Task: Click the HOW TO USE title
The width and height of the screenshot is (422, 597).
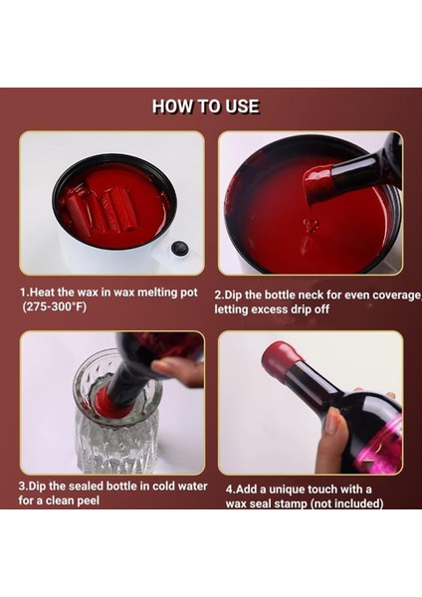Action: (x=206, y=106)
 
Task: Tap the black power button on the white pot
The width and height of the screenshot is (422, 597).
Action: (x=180, y=248)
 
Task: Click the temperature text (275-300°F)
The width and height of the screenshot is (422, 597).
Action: (x=55, y=306)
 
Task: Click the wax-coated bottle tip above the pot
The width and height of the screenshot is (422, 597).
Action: (x=318, y=181)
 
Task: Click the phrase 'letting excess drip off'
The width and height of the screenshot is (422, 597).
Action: (x=272, y=309)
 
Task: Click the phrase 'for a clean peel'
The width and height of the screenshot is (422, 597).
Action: (x=59, y=500)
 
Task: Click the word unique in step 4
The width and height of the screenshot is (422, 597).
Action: (x=288, y=490)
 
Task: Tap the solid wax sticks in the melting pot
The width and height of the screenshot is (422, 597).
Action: (x=100, y=208)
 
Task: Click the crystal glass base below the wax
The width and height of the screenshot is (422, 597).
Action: (x=116, y=446)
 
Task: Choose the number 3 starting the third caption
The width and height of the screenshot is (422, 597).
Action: (x=22, y=487)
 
